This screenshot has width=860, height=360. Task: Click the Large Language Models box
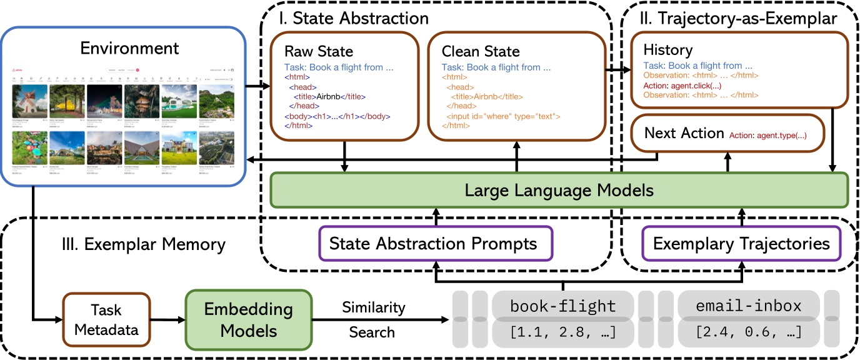558,190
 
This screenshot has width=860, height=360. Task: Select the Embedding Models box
248,319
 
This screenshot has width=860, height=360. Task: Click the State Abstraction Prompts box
432,243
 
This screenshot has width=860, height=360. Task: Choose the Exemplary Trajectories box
741,243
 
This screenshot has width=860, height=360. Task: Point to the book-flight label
562,306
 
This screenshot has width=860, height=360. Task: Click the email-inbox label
749,306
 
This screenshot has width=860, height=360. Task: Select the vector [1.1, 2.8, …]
562,332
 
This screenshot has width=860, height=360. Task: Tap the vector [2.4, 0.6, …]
749,332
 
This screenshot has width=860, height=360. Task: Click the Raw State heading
319,51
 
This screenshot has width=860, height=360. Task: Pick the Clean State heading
480,51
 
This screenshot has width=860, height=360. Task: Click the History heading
667,50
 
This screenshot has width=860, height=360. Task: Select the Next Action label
683,133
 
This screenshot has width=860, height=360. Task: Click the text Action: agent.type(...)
767,134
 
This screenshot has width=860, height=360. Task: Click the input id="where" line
503,116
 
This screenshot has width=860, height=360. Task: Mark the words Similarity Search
373,319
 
